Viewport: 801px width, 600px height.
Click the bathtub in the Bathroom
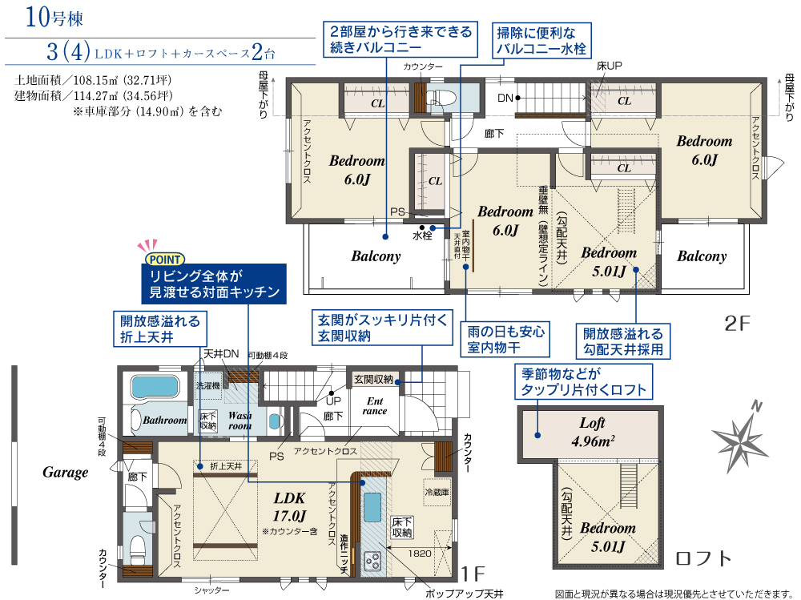[x=155, y=387]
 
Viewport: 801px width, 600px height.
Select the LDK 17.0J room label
[x=290, y=506]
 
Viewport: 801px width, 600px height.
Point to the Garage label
[x=66, y=472]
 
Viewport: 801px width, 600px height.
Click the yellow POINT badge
[x=164, y=260]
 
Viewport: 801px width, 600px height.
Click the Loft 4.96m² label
[x=593, y=432]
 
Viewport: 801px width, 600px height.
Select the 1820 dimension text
[x=420, y=554]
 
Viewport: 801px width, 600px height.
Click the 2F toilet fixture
[x=439, y=97]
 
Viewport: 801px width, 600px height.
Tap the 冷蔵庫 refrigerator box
[x=437, y=493]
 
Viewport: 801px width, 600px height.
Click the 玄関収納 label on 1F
[x=373, y=379]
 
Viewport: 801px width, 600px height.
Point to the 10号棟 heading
[x=54, y=17]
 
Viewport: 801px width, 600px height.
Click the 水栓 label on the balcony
[x=422, y=236]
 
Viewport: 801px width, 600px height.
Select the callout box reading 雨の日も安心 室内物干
[x=505, y=340]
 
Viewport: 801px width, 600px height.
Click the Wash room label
[x=239, y=420]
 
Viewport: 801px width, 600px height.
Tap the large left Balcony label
[x=376, y=256]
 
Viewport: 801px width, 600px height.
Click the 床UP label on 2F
[x=609, y=66]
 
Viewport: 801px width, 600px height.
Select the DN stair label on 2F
[x=505, y=98]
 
